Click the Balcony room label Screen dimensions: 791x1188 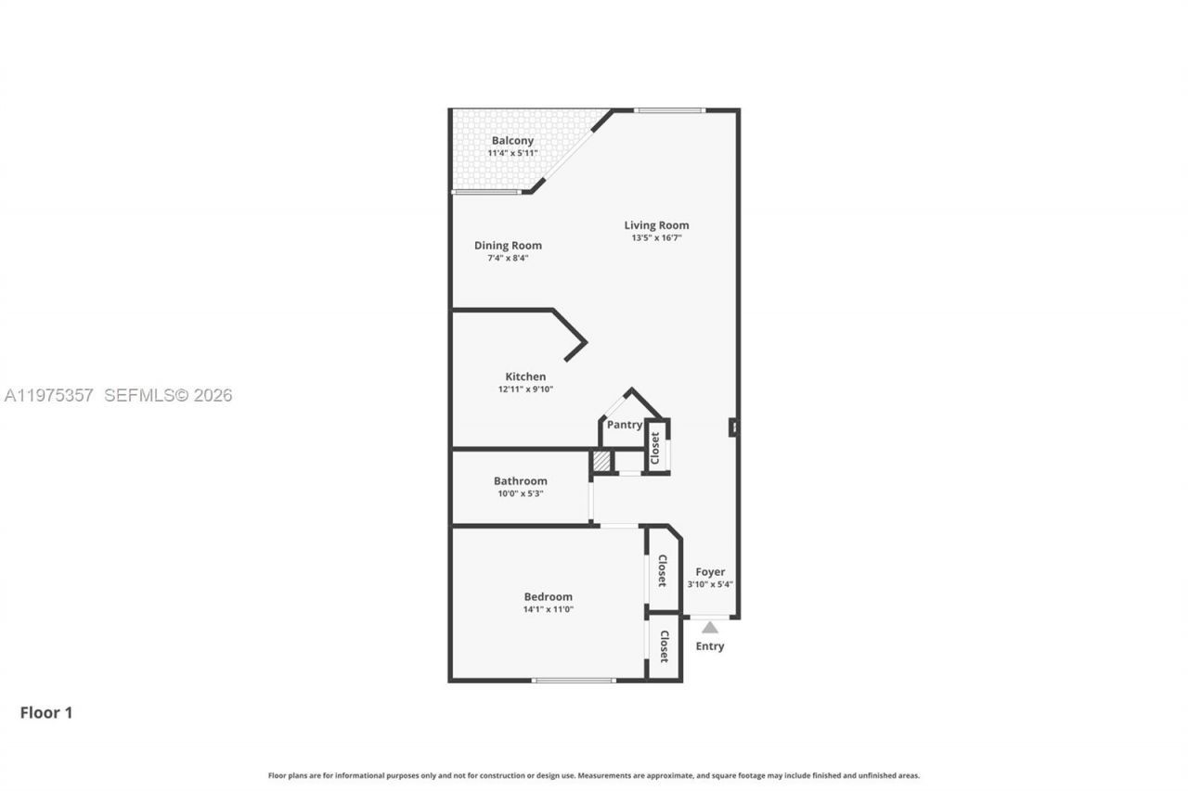[512, 141]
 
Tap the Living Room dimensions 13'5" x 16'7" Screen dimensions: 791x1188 [656, 238]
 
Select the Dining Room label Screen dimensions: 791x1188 [508, 246]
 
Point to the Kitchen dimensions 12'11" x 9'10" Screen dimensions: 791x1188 [525, 389]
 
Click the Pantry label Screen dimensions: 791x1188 [625, 425]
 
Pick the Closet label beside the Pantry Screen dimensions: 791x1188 [655, 448]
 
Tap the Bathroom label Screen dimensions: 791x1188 [520, 481]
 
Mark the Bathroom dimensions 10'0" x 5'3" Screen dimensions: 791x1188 [520, 494]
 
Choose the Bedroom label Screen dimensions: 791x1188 [548, 597]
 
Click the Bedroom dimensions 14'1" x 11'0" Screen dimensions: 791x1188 [548, 609]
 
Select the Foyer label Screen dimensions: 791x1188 [710, 572]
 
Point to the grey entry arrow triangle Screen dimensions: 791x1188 [710, 628]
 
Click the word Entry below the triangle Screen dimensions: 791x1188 [710, 646]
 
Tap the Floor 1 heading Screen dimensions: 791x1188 [46, 713]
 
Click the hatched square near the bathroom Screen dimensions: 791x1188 [601, 461]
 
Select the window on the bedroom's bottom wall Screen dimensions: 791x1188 [574, 681]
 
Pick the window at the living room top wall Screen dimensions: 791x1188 [669, 110]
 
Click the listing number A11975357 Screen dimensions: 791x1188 [48, 396]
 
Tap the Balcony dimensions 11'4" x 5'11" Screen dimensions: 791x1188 [512, 153]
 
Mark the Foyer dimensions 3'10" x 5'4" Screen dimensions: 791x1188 [710, 584]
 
